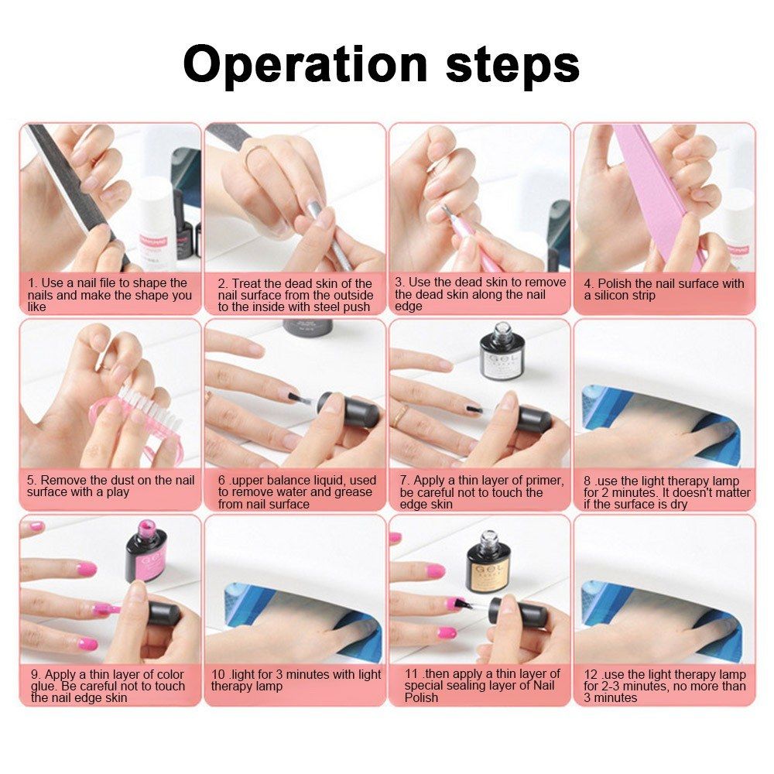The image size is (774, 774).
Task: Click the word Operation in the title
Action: click(x=305, y=65)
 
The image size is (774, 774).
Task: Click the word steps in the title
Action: click(x=513, y=65)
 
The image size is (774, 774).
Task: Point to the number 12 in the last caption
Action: click(x=591, y=674)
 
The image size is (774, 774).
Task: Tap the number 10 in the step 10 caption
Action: click(x=218, y=674)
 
